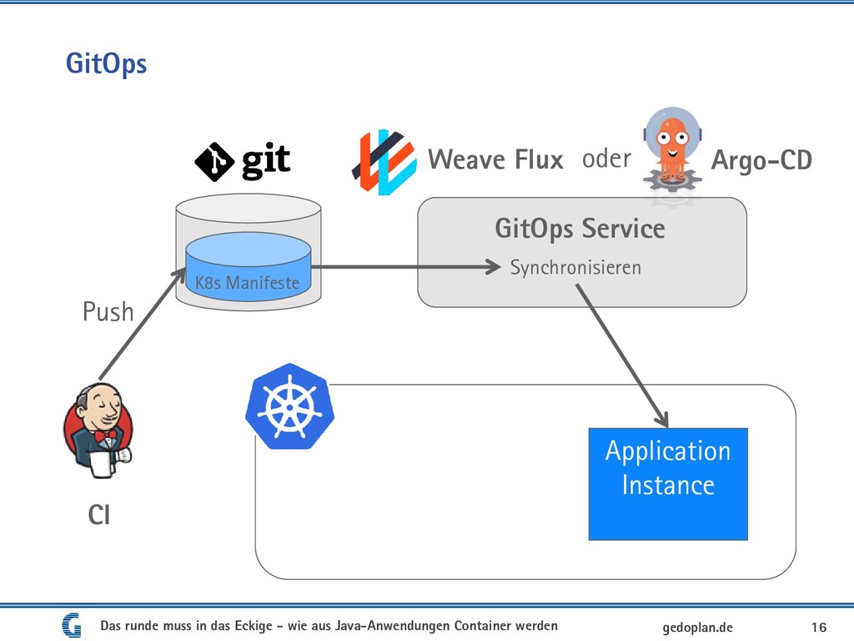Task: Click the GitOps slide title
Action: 106,64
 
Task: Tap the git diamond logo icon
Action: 214,162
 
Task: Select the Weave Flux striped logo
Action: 384,162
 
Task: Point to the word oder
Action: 606,159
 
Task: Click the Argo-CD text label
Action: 761,160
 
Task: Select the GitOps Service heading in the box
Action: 580,229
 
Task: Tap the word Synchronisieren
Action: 575,268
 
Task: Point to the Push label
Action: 108,312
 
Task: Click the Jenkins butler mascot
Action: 98,431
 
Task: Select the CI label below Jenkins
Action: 99,515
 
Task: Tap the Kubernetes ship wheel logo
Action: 289,406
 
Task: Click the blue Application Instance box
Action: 668,484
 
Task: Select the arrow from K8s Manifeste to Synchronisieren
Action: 406,267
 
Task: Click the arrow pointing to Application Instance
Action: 622,356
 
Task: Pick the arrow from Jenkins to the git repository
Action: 143,324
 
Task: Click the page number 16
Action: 819,628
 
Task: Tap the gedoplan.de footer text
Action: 698,628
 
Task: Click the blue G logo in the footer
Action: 72,626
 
